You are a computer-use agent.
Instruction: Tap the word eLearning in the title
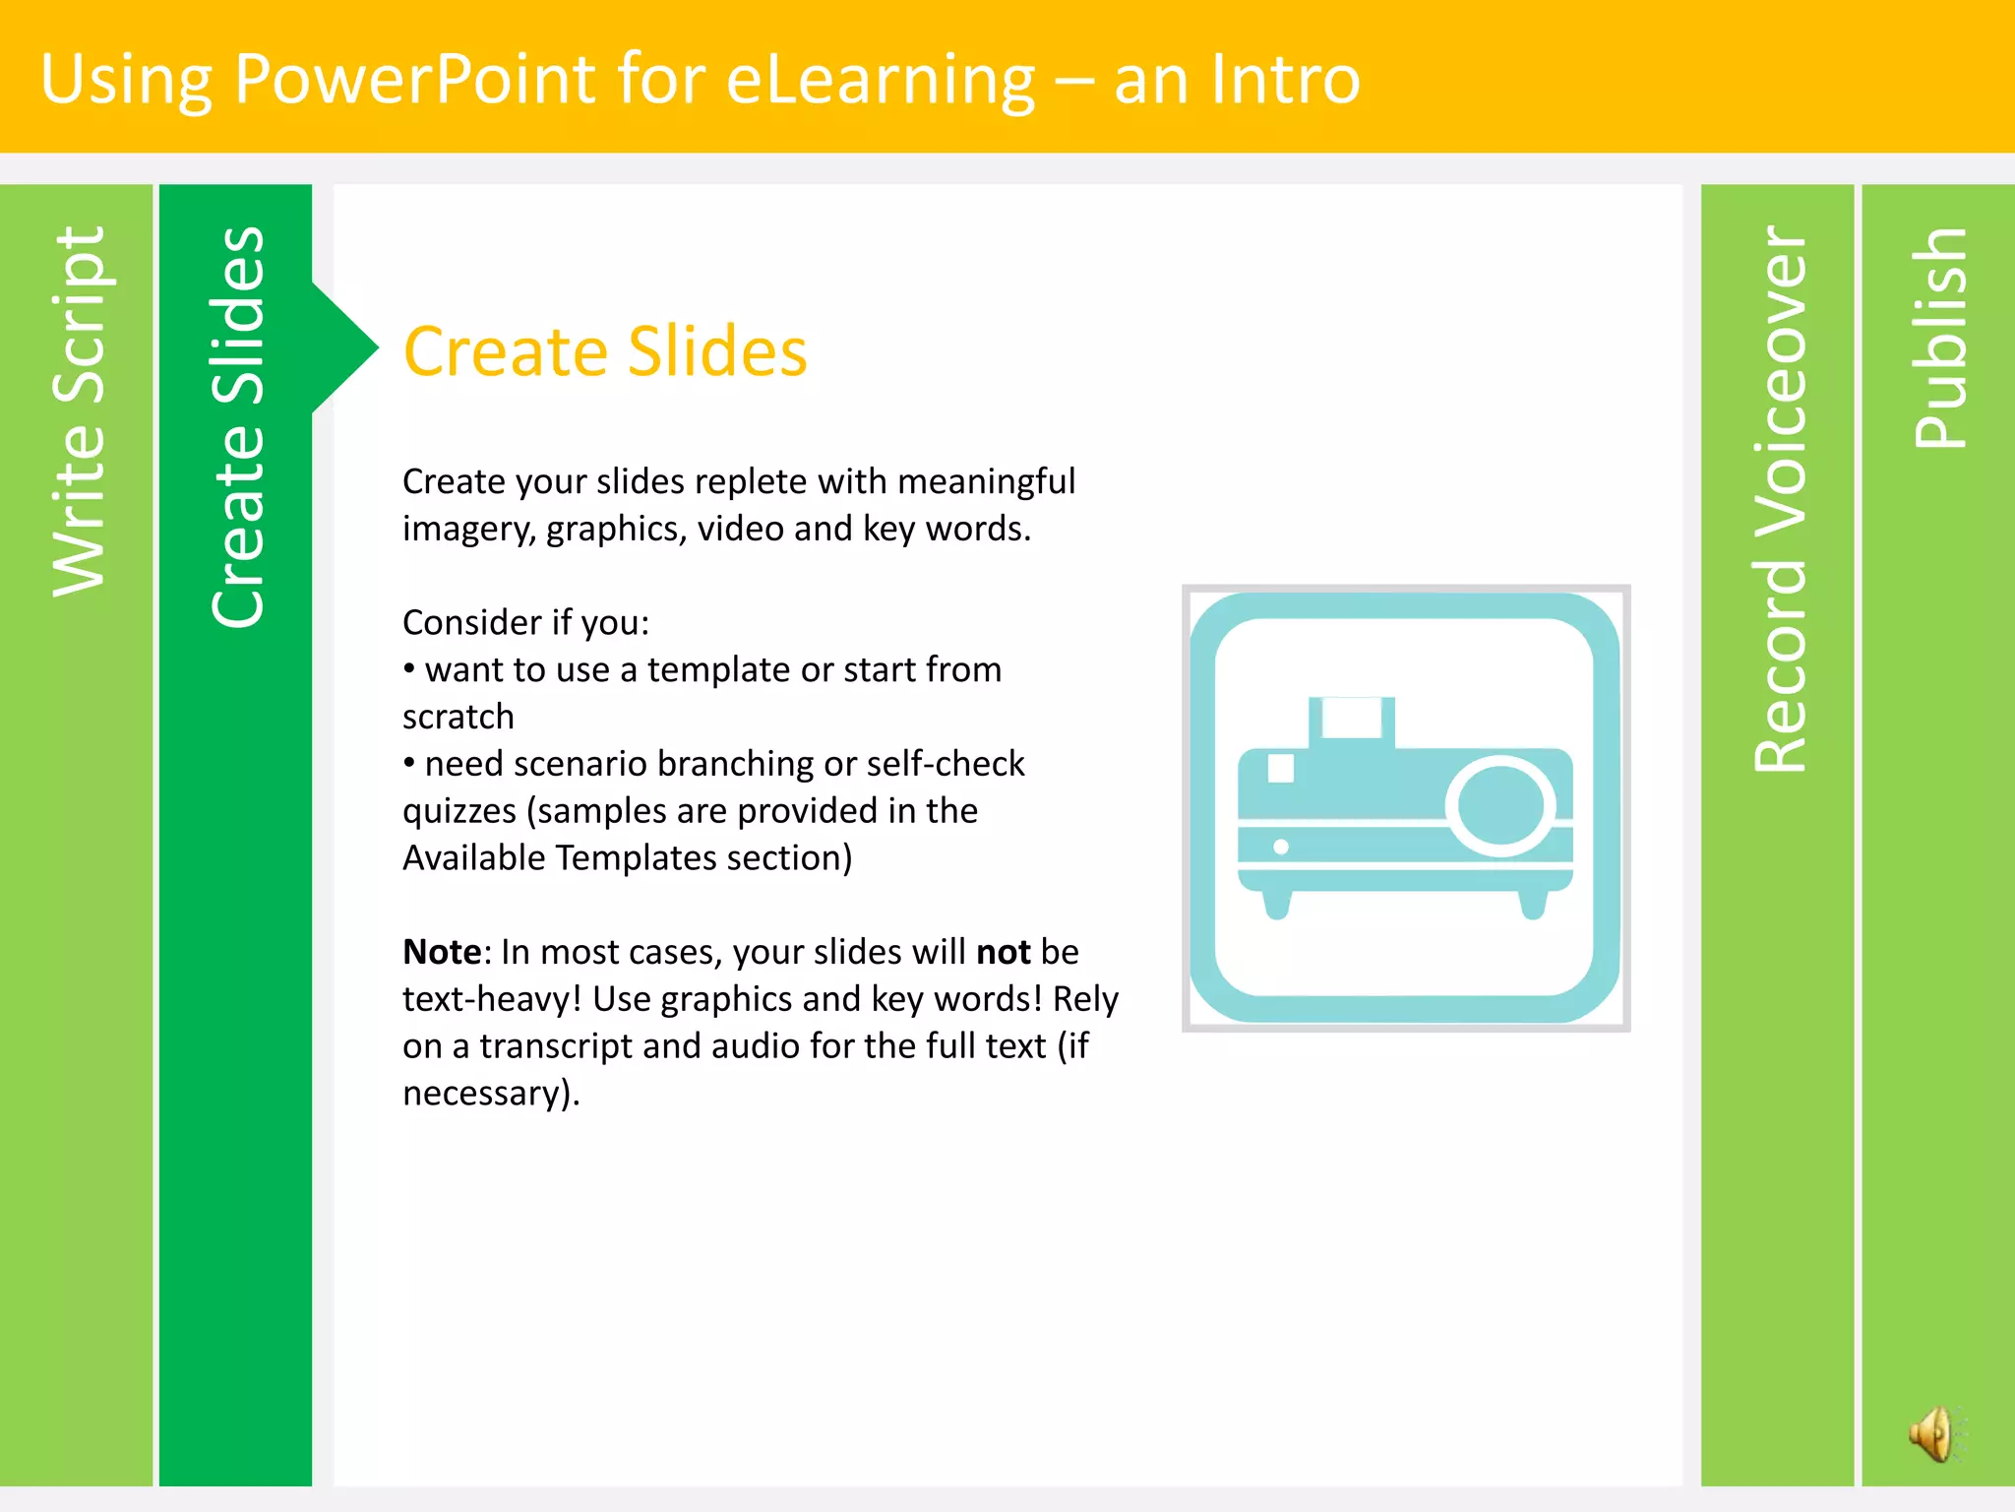880,79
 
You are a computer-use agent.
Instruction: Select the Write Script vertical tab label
78,411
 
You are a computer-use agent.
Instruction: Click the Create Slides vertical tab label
237,427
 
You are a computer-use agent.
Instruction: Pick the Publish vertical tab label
1939,338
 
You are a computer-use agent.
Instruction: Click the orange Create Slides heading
605,351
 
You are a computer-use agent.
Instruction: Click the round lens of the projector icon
1500,804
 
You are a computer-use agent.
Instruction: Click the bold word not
1003,952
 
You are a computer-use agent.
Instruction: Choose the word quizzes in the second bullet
459,811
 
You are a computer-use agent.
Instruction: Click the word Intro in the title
1285,79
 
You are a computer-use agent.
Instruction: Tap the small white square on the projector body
1281,767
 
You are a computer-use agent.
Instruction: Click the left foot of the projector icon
1277,903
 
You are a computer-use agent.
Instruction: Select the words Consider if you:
526,622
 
